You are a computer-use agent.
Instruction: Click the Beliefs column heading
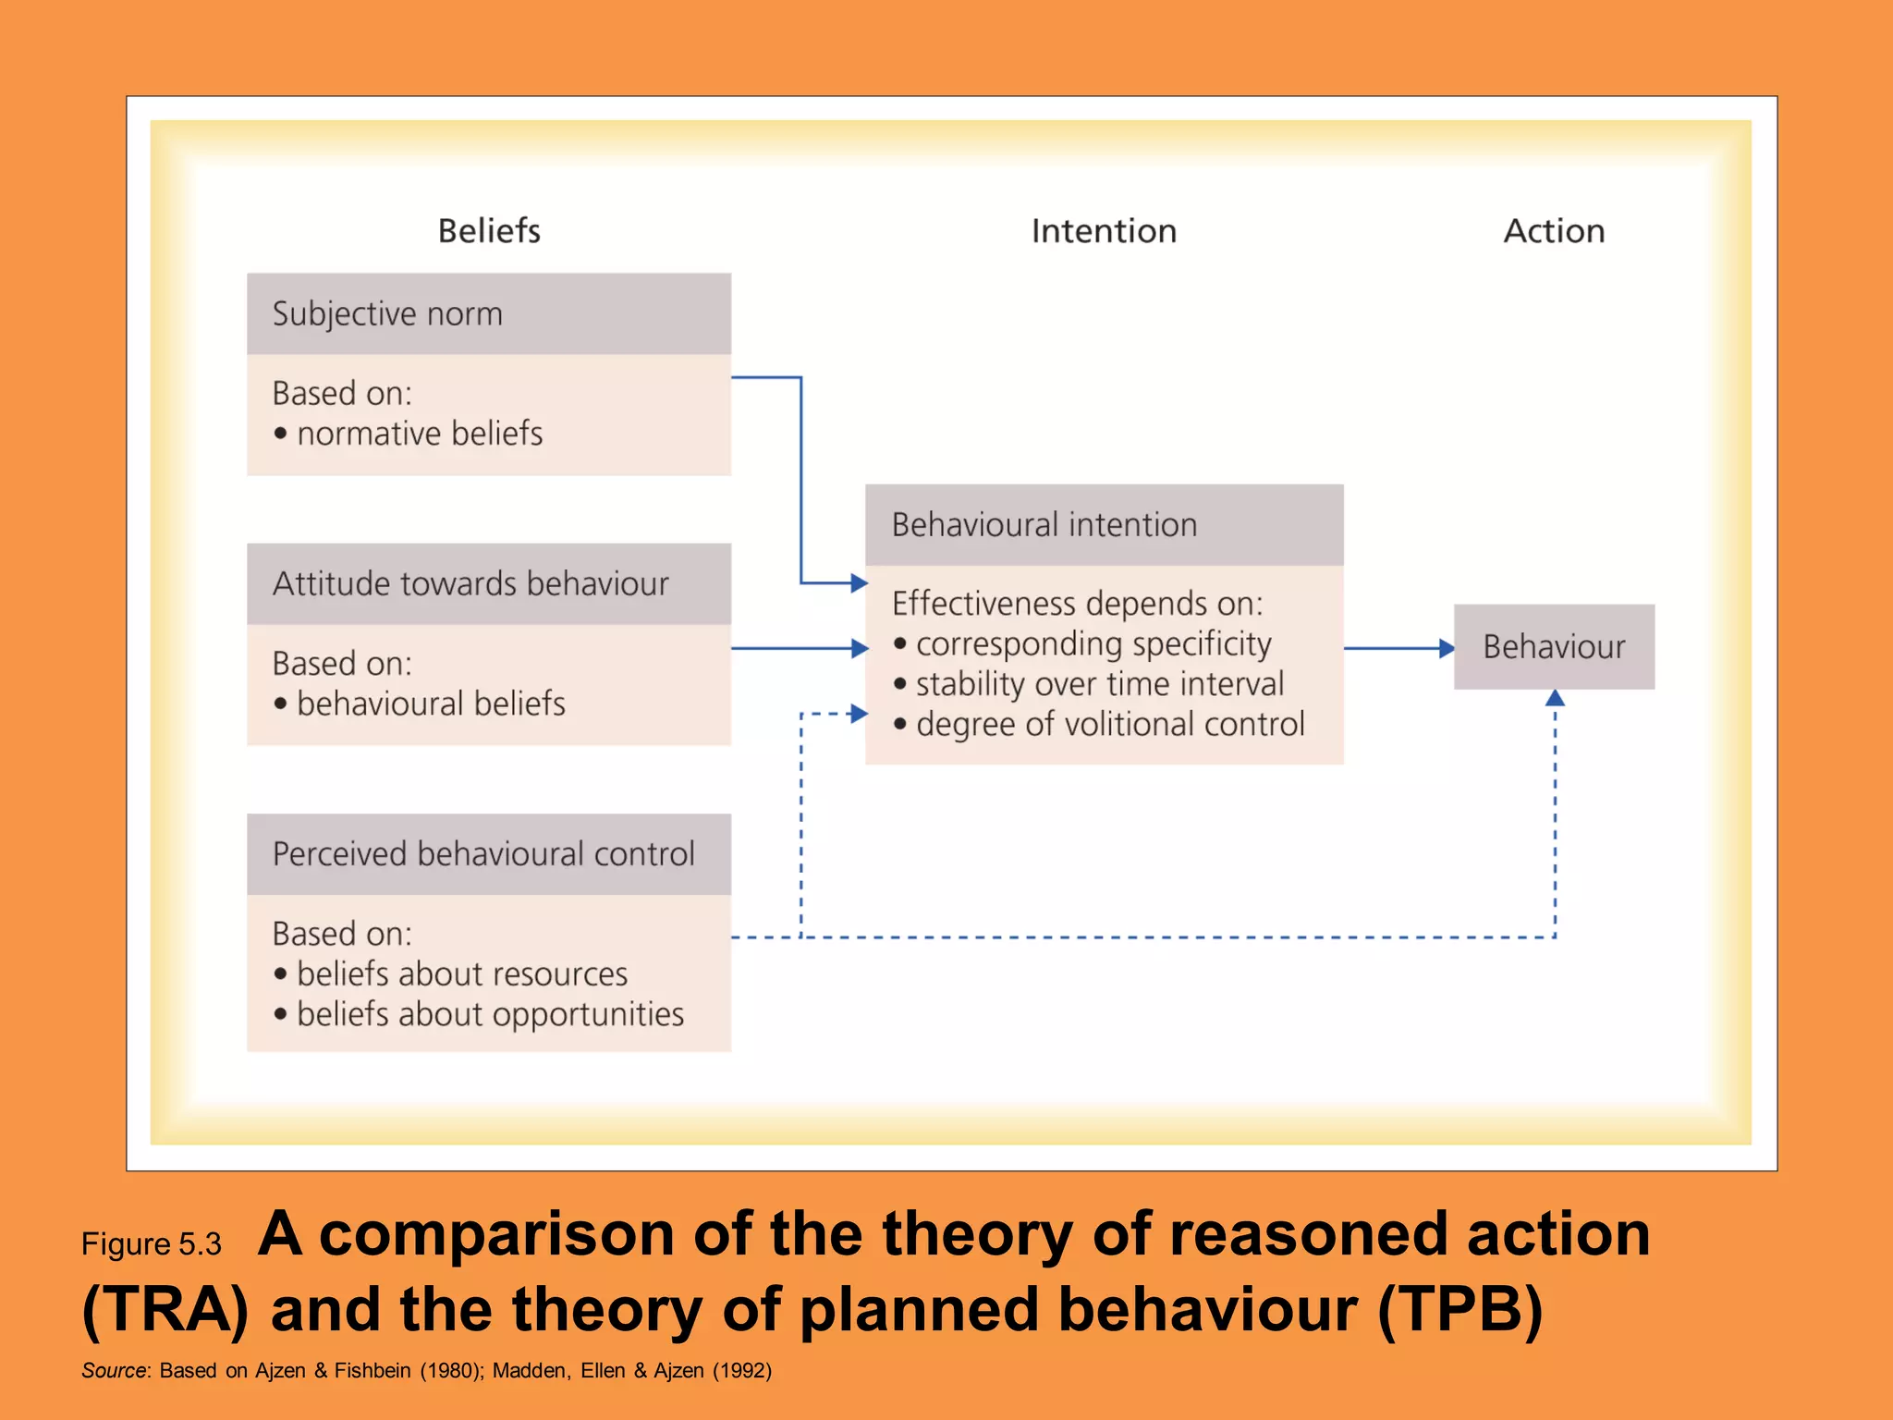[489, 230]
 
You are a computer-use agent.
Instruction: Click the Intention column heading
[1104, 230]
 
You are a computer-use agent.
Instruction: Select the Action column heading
[1554, 230]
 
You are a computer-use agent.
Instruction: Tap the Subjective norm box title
[387, 314]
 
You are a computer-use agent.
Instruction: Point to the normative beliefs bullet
[419, 434]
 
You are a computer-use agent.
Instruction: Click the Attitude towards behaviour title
[470, 584]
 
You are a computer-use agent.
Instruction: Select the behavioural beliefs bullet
[430, 704]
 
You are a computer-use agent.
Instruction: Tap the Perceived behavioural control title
[483, 854]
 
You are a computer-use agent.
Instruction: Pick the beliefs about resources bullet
[461, 974]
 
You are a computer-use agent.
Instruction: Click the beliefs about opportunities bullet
[490, 1015]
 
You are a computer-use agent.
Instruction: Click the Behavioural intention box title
[1044, 525]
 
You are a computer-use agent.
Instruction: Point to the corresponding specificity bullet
[1093, 644]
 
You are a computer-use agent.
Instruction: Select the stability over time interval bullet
[1099, 685]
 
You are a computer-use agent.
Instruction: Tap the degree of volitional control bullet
[1109, 725]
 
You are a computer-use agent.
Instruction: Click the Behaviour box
[1554, 647]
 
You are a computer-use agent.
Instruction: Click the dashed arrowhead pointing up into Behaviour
[1555, 698]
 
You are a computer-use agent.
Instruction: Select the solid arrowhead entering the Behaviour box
[1447, 649]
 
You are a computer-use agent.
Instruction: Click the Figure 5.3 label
[152, 1244]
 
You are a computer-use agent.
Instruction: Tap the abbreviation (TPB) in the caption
[1459, 1311]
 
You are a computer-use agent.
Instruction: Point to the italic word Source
[114, 1371]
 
